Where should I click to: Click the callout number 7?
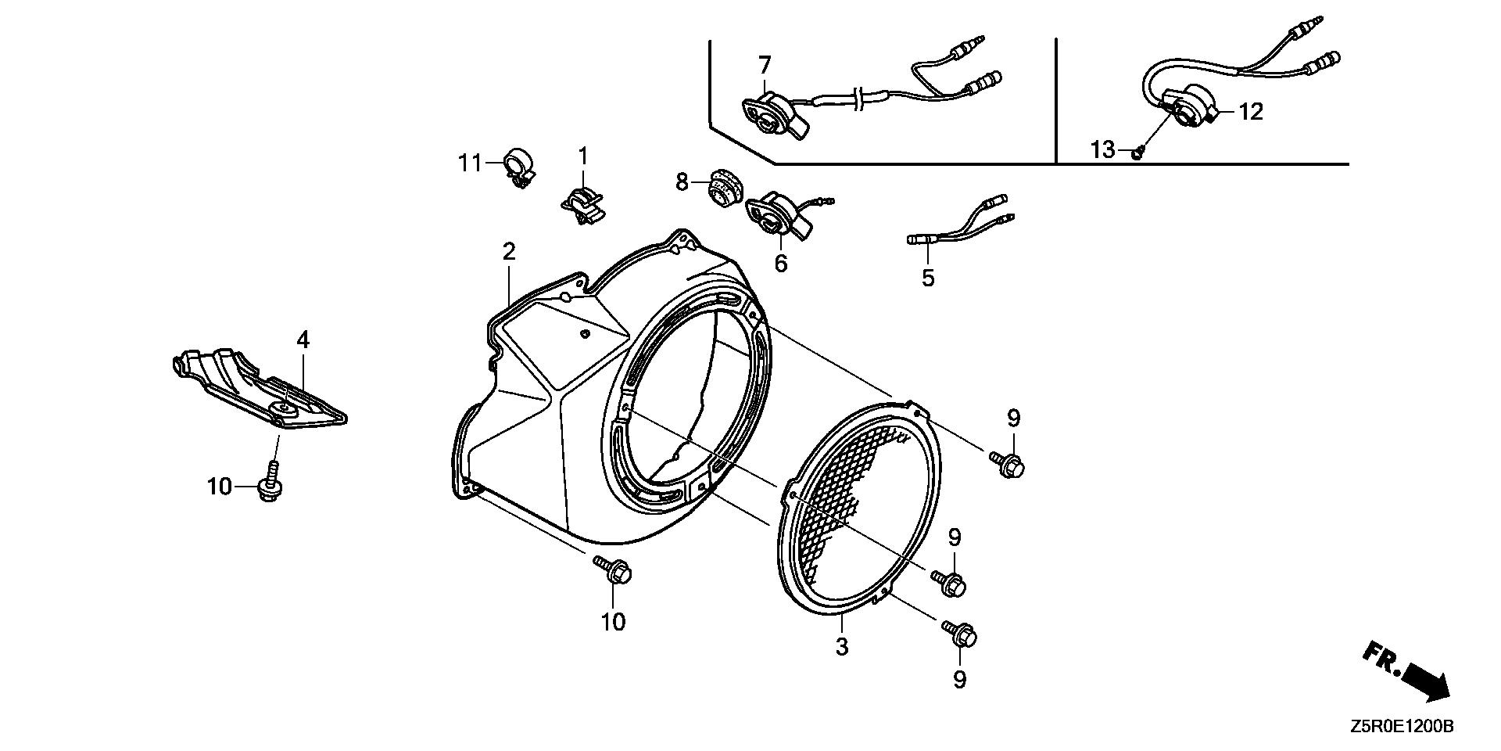[x=764, y=63]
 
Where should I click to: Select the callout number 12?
[x=1251, y=112]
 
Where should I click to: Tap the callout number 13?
[x=1102, y=149]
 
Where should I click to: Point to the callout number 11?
[x=470, y=163]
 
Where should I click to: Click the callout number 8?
[x=682, y=182]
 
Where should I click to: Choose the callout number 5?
[x=928, y=277]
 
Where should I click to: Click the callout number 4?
[x=303, y=340]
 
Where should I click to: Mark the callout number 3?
[x=841, y=647]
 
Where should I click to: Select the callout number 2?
[x=509, y=252]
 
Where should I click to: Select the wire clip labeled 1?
[x=582, y=203]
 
